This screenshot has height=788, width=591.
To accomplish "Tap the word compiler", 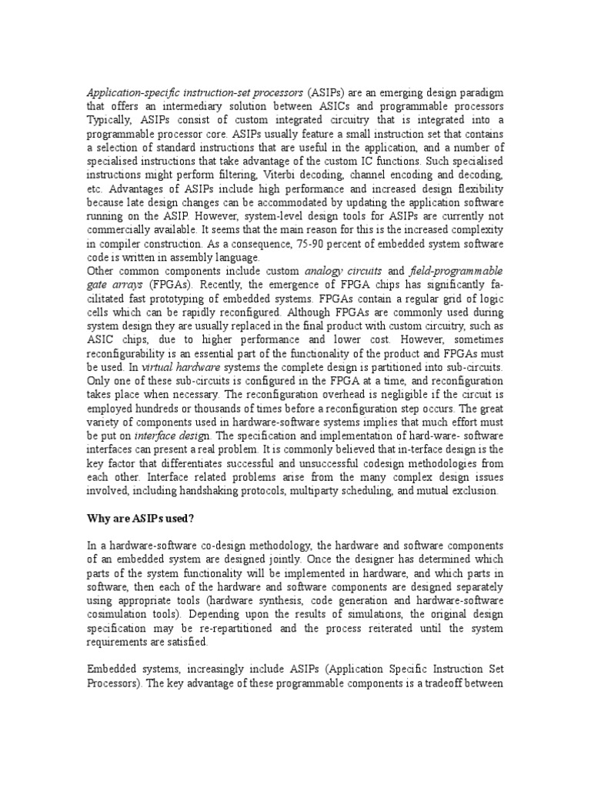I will (120, 244).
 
